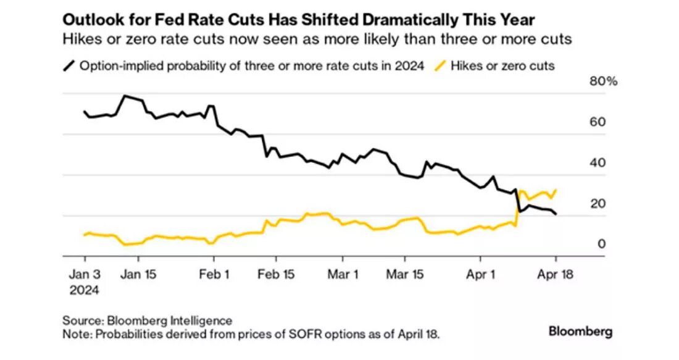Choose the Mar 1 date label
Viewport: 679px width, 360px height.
[343, 275]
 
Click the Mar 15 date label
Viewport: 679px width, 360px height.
[405, 275]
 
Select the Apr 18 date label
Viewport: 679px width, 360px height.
[556, 275]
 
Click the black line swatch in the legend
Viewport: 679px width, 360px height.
[70, 65]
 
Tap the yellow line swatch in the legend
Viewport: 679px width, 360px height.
[441, 65]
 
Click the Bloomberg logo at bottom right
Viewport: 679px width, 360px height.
[580, 332]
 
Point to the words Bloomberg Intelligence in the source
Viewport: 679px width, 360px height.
[170, 320]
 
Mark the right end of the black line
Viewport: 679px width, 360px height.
[556, 214]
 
